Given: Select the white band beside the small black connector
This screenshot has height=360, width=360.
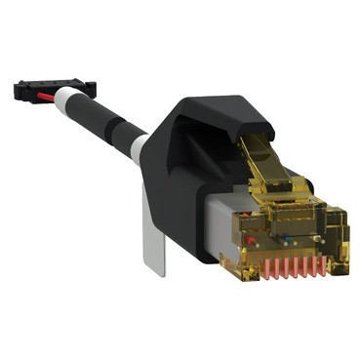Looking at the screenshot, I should pyautogui.click(x=63, y=100).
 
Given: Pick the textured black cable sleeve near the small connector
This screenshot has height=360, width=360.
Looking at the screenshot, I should pyautogui.click(x=86, y=110).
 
